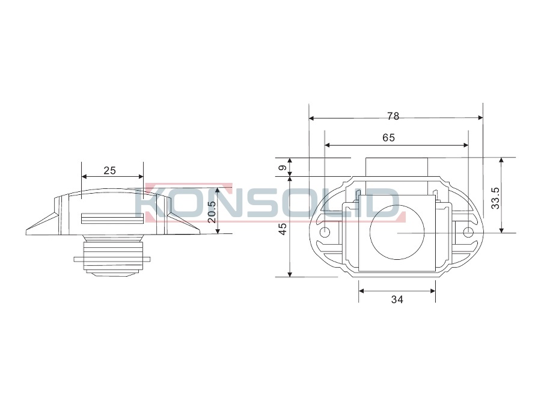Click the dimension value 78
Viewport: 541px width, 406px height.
point(393,116)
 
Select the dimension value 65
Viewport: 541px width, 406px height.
point(388,138)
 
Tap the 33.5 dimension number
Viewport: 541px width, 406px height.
point(495,198)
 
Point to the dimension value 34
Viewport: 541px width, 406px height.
point(397,300)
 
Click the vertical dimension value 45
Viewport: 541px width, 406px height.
point(283,229)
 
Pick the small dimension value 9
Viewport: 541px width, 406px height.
point(283,168)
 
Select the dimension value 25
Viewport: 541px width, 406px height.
point(110,170)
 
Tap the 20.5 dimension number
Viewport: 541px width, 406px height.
point(212,212)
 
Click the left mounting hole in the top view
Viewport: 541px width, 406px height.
point(325,233)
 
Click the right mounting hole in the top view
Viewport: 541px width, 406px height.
point(468,233)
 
